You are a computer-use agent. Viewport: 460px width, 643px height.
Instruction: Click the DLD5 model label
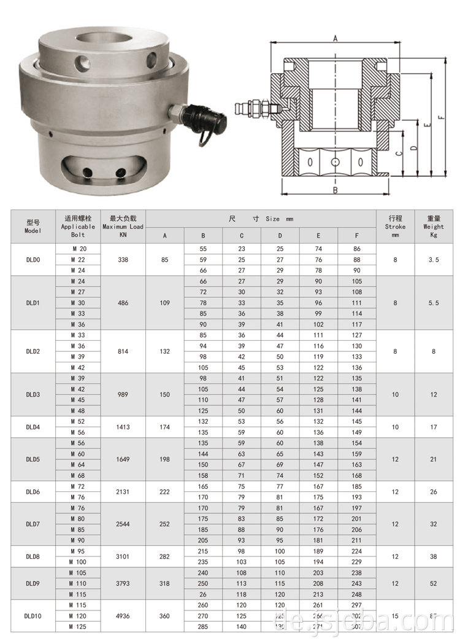tap(33, 459)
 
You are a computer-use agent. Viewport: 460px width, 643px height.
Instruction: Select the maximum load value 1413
tap(123, 427)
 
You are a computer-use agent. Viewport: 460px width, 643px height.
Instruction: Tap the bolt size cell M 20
tap(79, 249)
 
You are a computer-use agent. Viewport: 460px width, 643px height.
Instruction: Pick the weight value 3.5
tap(434, 260)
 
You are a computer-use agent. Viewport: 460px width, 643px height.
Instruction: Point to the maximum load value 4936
tap(123, 616)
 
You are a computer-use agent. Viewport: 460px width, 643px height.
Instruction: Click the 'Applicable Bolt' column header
tap(79, 226)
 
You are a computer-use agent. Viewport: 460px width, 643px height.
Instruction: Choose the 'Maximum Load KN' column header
tap(123, 226)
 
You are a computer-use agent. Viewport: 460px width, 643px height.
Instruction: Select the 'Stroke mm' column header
tap(395, 226)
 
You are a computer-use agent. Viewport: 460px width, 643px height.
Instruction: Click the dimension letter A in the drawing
tap(335, 39)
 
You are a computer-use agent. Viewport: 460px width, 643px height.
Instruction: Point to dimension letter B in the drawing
tap(335, 190)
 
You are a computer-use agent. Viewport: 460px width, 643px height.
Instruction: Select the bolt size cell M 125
tap(79, 627)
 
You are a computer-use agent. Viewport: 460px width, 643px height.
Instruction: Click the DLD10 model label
tap(33, 616)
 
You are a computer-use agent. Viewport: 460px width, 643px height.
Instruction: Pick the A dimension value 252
tap(164, 524)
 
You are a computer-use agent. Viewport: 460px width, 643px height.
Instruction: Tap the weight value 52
tap(434, 583)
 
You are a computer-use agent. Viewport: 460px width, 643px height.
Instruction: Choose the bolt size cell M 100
tap(79, 562)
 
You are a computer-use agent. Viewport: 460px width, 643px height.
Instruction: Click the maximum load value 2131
tap(123, 491)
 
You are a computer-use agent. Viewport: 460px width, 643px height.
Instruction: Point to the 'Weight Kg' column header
tap(434, 226)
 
